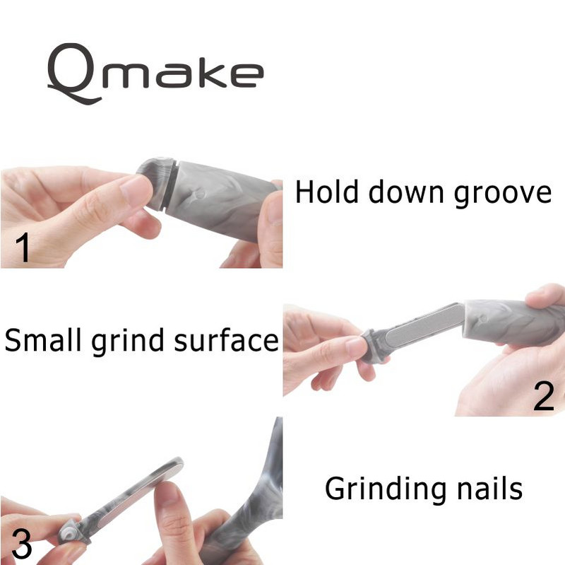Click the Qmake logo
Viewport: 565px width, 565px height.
pyautogui.click(x=155, y=74)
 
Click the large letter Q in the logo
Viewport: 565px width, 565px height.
pyautogui.click(x=74, y=74)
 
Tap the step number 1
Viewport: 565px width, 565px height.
pyautogui.click(x=23, y=247)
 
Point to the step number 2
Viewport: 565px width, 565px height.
pyautogui.click(x=543, y=395)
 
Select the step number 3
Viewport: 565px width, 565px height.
pyautogui.click(x=22, y=543)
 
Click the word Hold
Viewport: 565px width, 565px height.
pyautogui.click(x=327, y=192)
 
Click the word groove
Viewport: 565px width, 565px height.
pyautogui.click(x=502, y=195)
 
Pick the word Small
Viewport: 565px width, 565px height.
pyautogui.click(x=43, y=339)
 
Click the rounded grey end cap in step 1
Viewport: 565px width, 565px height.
pyautogui.click(x=155, y=180)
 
